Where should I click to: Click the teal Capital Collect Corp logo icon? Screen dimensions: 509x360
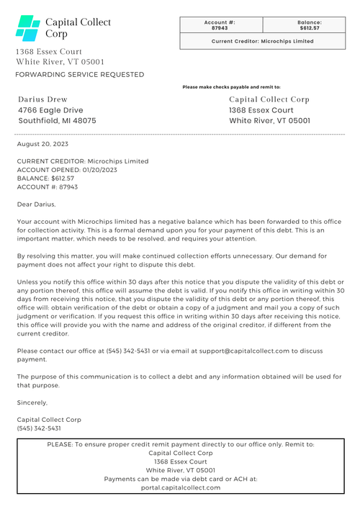(x=28, y=28)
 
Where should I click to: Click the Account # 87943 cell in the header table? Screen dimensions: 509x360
(x=220, y=25)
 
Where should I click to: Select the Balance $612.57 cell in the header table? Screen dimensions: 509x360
(x=309, y=25)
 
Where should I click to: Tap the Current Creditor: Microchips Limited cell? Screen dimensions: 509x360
(x=262, y=41)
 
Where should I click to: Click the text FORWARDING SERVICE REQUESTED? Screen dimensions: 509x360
(x=79, y=74)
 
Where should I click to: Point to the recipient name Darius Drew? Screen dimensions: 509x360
(x=42, y=99)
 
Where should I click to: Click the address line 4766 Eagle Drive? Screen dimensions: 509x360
(x=50, y=110)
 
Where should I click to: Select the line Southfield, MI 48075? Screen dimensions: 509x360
(x=56, y=121)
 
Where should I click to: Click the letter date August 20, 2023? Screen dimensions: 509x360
(x=42, y=144)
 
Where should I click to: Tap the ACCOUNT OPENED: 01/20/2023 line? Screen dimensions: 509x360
(x=66, y=170)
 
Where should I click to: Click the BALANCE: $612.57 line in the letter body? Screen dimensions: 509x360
(x=45, y=178)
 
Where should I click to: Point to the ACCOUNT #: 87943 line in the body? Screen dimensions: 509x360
(x=47, y=186)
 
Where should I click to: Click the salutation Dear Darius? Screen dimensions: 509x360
(x=36, y=204)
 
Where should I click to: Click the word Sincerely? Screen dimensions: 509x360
(x=32, y=402)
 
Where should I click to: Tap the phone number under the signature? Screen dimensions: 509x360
(x=39, y=428)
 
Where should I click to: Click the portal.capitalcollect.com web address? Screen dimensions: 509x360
(x=181, y=487)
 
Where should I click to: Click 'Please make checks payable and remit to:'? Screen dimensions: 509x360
(x=231, y=87)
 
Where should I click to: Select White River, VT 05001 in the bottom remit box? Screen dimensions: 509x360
(x=180, y=470)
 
